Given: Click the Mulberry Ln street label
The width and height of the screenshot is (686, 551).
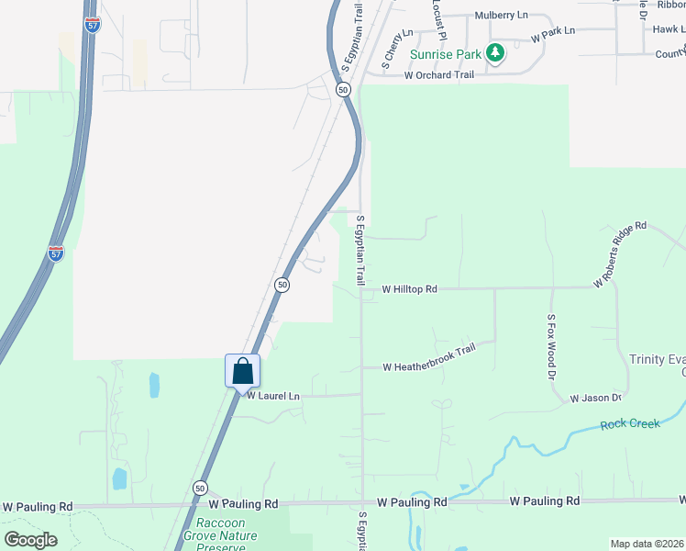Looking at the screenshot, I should click(x=502, y=17).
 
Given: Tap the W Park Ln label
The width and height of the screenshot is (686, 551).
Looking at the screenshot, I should click(x=553, y=31).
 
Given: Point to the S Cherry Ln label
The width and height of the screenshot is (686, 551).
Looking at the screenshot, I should click(x=398, y=45).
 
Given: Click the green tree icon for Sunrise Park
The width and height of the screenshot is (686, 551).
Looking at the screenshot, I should click(x=495, y=52).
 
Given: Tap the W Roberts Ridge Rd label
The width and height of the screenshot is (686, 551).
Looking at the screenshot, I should click(x=620, y=253).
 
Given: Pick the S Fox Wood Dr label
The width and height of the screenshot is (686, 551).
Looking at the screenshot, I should click(x=552, y=347).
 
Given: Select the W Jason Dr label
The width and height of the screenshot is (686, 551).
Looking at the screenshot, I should click(x=596, y=399).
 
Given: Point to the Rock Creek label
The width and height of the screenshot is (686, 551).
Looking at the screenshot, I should click(x=630, y=423).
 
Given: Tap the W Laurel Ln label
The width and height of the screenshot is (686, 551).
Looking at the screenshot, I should click(x=272, y=396).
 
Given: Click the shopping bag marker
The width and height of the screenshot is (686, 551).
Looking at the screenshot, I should click(x=243, y=372).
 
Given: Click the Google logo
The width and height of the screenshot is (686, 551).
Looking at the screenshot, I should click(x=30, y=540).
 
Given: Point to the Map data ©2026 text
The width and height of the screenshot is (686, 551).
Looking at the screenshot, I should click(x=647, y=544).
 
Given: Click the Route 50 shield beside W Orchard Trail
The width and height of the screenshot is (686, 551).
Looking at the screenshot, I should click(x=343, y=90).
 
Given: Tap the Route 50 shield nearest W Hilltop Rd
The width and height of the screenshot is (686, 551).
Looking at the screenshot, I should click(x=282, y=286).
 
